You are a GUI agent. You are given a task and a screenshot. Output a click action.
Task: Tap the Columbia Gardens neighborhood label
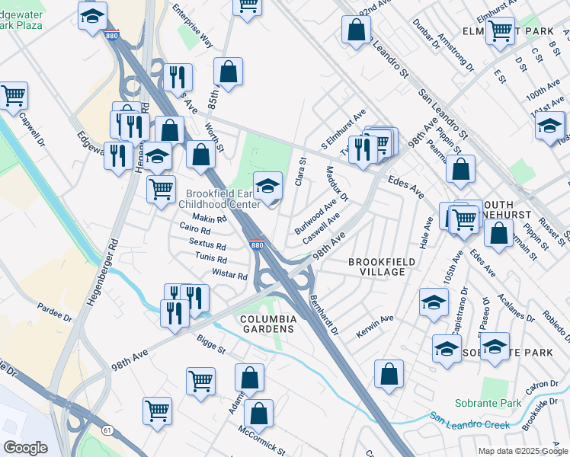[x=267, y=323]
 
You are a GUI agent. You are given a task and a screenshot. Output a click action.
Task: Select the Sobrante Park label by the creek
[x=488, y=403]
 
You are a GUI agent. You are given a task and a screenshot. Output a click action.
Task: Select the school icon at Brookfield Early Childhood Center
[x=267, y=186]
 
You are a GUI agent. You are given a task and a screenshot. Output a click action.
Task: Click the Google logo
[x=25, y=448]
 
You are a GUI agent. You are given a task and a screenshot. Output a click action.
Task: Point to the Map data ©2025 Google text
[x=522, y=450]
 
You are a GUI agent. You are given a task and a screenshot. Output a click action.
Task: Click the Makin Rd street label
[x=211, y=219]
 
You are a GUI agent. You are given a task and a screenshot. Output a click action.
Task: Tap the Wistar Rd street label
[x=230, y=274]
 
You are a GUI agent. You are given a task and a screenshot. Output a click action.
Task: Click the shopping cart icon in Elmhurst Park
[x=500, y=32]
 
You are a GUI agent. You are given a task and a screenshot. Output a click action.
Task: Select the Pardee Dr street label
[x=54, y=312]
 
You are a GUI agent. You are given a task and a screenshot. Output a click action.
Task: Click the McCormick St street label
[x=261, y=441]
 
